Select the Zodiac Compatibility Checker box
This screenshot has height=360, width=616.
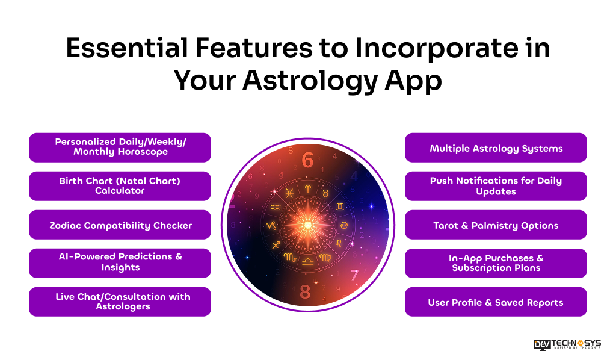pos(120,225)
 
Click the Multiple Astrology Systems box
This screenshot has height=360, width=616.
pos(496,148)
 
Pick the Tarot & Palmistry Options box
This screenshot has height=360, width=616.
pos(496,225)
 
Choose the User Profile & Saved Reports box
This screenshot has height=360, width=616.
pos(496,302)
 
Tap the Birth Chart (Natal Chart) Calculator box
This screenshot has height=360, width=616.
pos(120,186)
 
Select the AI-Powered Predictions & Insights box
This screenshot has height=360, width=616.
pos(120,263)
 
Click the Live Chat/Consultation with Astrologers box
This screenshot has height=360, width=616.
pos(120,302)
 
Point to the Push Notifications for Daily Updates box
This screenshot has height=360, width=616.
pos(496,186)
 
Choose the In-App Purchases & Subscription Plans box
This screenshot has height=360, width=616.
pos(496,263)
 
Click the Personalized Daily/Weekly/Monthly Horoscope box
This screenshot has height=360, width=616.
pos(120,147)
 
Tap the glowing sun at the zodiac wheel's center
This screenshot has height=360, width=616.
pos(307,225)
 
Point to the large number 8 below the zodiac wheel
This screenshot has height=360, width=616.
pos(306,292)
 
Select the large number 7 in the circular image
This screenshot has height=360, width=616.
pos(355,275)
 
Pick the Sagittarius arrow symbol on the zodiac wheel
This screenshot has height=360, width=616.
pos(276,244)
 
